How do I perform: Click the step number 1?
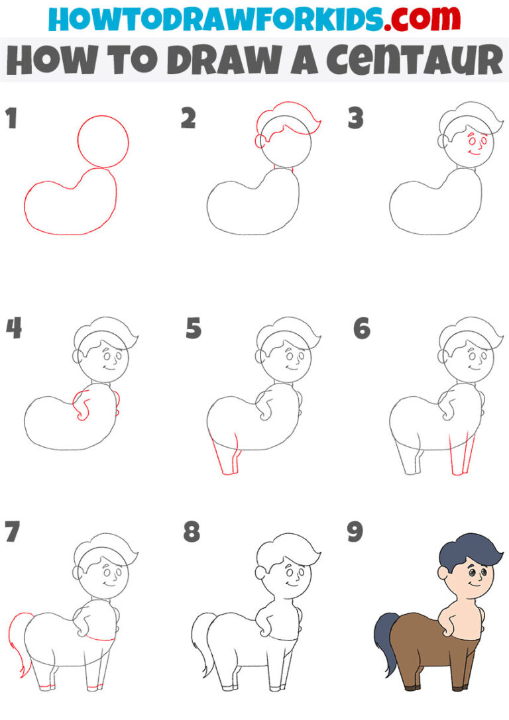point(11,120)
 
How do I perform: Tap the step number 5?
point(193,329)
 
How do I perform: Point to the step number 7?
point(12,532)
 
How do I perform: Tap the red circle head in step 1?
point(103,140)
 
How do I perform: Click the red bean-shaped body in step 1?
point(70,205)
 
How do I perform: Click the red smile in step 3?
point(473,152)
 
